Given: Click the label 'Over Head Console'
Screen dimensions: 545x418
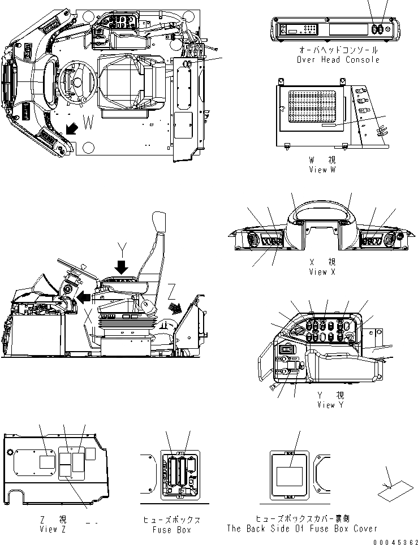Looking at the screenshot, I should tap(338, 59).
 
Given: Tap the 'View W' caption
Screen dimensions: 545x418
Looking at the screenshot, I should tap(322, 170).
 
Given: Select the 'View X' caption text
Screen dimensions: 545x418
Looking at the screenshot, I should tap(322, 272).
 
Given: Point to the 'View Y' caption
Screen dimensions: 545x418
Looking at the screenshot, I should tap(334, 405).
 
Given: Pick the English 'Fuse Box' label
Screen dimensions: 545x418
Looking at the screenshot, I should tap(171, 530).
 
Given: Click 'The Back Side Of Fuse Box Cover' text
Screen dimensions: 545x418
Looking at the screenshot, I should tap(301, 529).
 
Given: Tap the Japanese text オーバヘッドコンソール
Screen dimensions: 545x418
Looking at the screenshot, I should tap(338, 50).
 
